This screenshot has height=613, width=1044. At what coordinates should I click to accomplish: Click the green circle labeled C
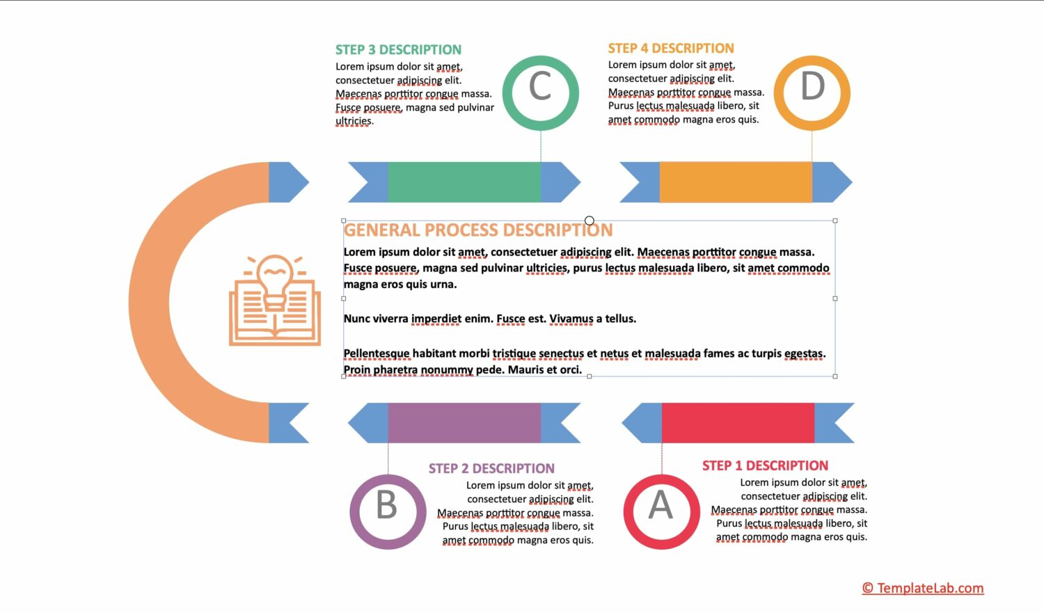(540, 93)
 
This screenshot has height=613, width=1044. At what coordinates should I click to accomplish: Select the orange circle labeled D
(812, 93)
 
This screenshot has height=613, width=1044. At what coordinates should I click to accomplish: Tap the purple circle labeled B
(388, 511)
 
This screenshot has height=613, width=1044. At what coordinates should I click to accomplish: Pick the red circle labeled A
(661, 511)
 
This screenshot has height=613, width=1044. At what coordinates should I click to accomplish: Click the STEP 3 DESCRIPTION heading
(398, 49)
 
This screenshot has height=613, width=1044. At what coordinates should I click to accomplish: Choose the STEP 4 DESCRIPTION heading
(671, 48)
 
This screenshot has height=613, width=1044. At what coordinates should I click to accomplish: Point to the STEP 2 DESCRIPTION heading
(491, 468)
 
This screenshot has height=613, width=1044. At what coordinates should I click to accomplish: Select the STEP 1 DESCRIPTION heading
(765, 465)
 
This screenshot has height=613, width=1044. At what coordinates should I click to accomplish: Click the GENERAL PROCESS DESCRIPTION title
(478, 230)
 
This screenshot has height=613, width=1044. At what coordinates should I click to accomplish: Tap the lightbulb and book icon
(275, 300)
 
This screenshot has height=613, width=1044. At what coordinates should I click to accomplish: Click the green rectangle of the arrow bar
(464, 182)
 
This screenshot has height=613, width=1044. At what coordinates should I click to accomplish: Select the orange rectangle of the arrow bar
(736, 182)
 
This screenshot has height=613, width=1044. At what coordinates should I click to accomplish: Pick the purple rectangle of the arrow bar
(464, 422)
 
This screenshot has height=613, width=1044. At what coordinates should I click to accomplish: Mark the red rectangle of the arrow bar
(738, 422)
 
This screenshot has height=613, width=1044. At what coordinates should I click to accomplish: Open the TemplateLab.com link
(923, 588)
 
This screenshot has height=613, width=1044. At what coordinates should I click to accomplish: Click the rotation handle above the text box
(590, 221)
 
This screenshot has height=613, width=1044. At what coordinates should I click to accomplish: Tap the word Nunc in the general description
(357, 319)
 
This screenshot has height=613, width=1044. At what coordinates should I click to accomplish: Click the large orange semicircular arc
(150, 303)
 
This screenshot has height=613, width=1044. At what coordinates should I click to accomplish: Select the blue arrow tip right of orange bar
(831, 182)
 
